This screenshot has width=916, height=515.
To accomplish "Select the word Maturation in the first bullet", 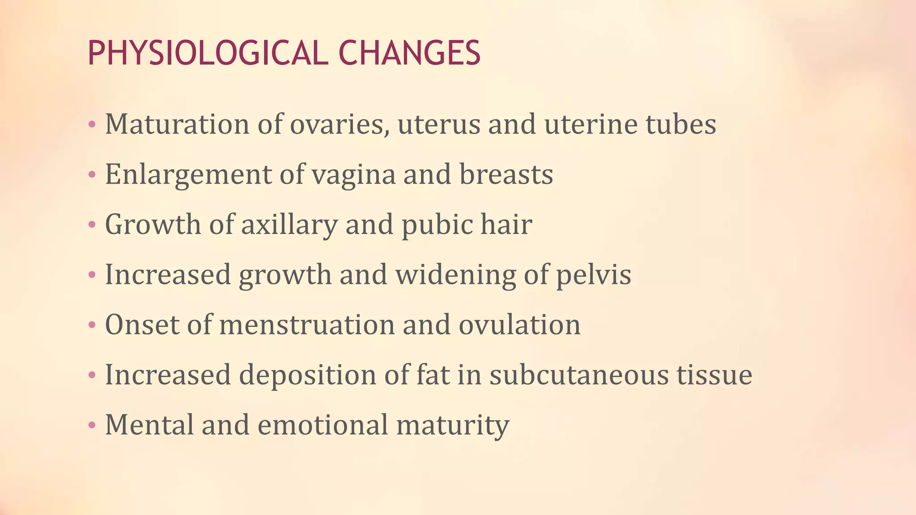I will tap(177, 124).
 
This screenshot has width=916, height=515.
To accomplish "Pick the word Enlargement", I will tap(188, 174).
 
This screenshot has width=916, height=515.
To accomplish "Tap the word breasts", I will tap(506, 174).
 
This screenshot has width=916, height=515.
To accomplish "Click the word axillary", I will tap(289, 224).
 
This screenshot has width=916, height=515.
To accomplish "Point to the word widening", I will tap(455, 274).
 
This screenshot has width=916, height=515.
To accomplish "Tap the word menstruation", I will tap(307, 325).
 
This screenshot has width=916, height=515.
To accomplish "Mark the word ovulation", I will tap(519, 325).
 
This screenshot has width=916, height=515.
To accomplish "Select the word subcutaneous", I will tap(579, 375).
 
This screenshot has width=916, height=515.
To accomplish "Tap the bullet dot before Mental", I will tap(92, 425).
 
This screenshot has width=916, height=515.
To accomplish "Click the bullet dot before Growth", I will tap(92, 224).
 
